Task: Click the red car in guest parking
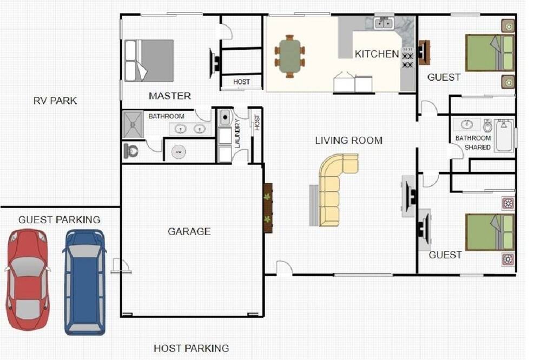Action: point(27,280)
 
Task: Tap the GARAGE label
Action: point(189,231)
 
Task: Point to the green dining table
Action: point(290,56)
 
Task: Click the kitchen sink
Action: point(384,24)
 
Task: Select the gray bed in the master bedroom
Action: point(149,61)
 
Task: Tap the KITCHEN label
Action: point(377,54)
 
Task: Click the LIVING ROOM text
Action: point(349,141)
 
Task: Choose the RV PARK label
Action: point(55,101)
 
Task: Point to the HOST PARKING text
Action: point(191,348)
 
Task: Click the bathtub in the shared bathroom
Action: point(504,136)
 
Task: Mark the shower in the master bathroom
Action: point(133,124)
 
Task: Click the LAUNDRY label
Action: point(237,134)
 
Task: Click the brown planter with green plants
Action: point(268,208)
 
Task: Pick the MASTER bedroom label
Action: point(170,96)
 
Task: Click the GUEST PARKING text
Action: point(60,219)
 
